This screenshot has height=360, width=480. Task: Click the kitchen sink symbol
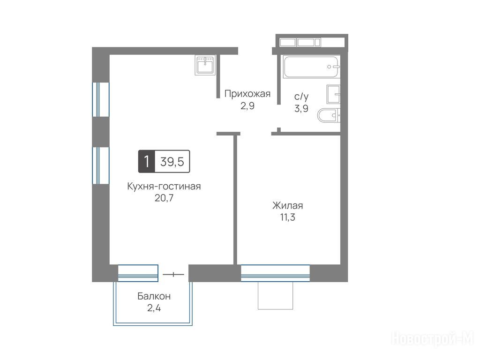[205, 65]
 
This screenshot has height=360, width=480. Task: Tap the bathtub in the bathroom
[311, 67]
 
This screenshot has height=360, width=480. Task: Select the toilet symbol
[329, 115]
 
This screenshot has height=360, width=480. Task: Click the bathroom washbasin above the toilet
[333, 94]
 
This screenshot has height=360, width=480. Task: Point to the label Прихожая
[247, 94]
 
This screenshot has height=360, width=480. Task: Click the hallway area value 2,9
[247, 106]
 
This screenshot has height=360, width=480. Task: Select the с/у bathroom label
[301, 97]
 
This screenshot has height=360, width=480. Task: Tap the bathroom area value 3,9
[301, 108]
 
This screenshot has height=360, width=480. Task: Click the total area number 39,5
[172, 162]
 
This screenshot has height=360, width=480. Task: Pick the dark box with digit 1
[147, 161]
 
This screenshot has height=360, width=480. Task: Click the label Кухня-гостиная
[164, 186]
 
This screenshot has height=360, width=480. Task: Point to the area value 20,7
[164, 198]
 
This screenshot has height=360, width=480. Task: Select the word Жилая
[288, 205]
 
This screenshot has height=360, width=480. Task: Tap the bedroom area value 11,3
[288, 217]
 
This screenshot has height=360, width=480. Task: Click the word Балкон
[154, 296]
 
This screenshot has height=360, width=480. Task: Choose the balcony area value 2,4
[154, 307]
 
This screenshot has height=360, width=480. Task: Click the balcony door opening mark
[173, 274]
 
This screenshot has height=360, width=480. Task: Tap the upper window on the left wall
[101, 99]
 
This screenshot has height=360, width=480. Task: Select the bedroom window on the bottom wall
[275, 273]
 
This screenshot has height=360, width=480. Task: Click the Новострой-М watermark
[433, 338]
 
